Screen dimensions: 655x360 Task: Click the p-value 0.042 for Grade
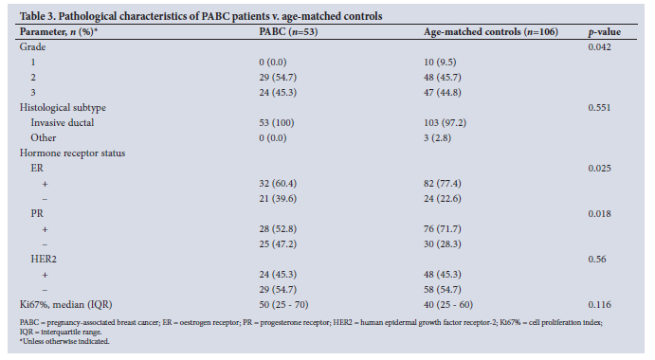pyautogui.click(x=599, y=46)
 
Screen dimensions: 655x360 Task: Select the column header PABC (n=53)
pyautogui.click(x=288, y=32)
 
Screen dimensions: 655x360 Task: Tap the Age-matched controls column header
pyautogui.click(x=491, y=32)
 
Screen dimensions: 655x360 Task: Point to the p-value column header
pyautogui.click(x=605, y=32)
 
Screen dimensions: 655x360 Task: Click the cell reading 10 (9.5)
pyautogui.click(x=440, y=63)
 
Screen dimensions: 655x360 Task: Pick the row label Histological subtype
pyautogui.click(x=63, y=108)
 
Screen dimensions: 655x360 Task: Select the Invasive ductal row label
pyautogui.click(x=63, y=123)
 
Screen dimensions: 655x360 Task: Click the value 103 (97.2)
pyautogui.click(x=445, y=123)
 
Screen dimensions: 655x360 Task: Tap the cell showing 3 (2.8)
pyautogui.click(x=437, y=137)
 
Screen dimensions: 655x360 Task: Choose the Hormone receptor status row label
pyautogui.click(x=72, y=153)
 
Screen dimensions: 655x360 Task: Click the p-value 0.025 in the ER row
pyautogui.click(x=599, y=169)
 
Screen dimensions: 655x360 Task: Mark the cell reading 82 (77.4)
pyautogui.click(x=443, y=184)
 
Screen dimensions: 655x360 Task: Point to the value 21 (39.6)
pyautogui.click(x=278, y=198)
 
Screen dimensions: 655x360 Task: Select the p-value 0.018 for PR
pyautogui.click(x=599, y=214)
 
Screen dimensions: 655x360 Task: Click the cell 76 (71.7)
pyautogui.click(x=443, y=229)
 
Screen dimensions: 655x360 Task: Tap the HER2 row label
pyautogui.click(x=44, y=260)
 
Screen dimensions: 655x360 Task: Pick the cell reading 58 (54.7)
pyautogui.click(x=443, y=289)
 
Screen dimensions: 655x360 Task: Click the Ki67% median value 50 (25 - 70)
pyautogui.click(x=283, y=305)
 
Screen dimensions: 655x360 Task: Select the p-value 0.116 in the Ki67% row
pyautogui.click(x=599, y=305)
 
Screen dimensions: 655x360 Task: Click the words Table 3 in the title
pyautogui.click(x=38, y=16)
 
